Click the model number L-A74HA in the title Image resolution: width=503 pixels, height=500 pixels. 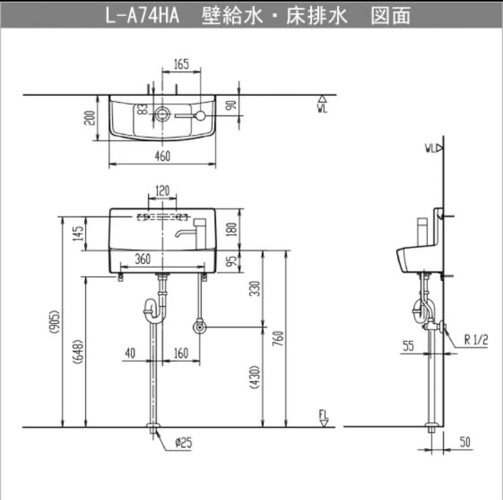pos(141,16)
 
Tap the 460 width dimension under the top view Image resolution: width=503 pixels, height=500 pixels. pos(162,156)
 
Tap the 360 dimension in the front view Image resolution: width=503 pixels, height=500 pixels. pos(143,259)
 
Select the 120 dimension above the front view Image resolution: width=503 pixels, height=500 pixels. pos(162,191)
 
